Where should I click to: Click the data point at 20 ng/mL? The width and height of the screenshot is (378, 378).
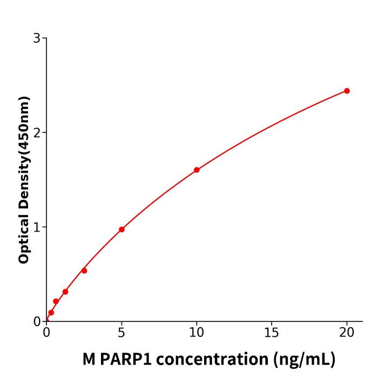click(x=347, y=91)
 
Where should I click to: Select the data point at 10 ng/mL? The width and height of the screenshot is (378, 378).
click(x=197, y=170)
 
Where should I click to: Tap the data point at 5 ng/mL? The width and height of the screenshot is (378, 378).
click(x=122, y=230)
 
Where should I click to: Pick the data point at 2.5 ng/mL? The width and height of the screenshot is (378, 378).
click(x=84, y=271)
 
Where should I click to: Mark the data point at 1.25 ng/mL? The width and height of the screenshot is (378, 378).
click(x=65, y=292)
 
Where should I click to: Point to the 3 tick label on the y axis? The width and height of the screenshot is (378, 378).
click(x=37, y=38)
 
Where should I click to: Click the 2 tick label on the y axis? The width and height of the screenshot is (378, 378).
click(x=37, y=132)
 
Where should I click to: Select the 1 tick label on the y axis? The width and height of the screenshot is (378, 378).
click(x=37, y=227)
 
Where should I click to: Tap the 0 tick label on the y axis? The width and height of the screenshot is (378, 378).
click(x=37, y=321)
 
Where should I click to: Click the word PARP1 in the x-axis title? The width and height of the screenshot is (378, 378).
click(x=120, y=359)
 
